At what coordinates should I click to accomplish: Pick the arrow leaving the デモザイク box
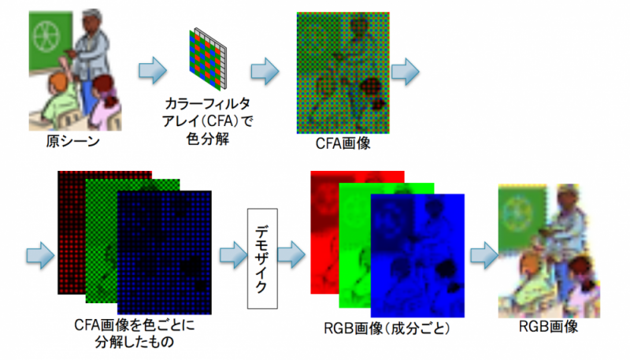(292, 254)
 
